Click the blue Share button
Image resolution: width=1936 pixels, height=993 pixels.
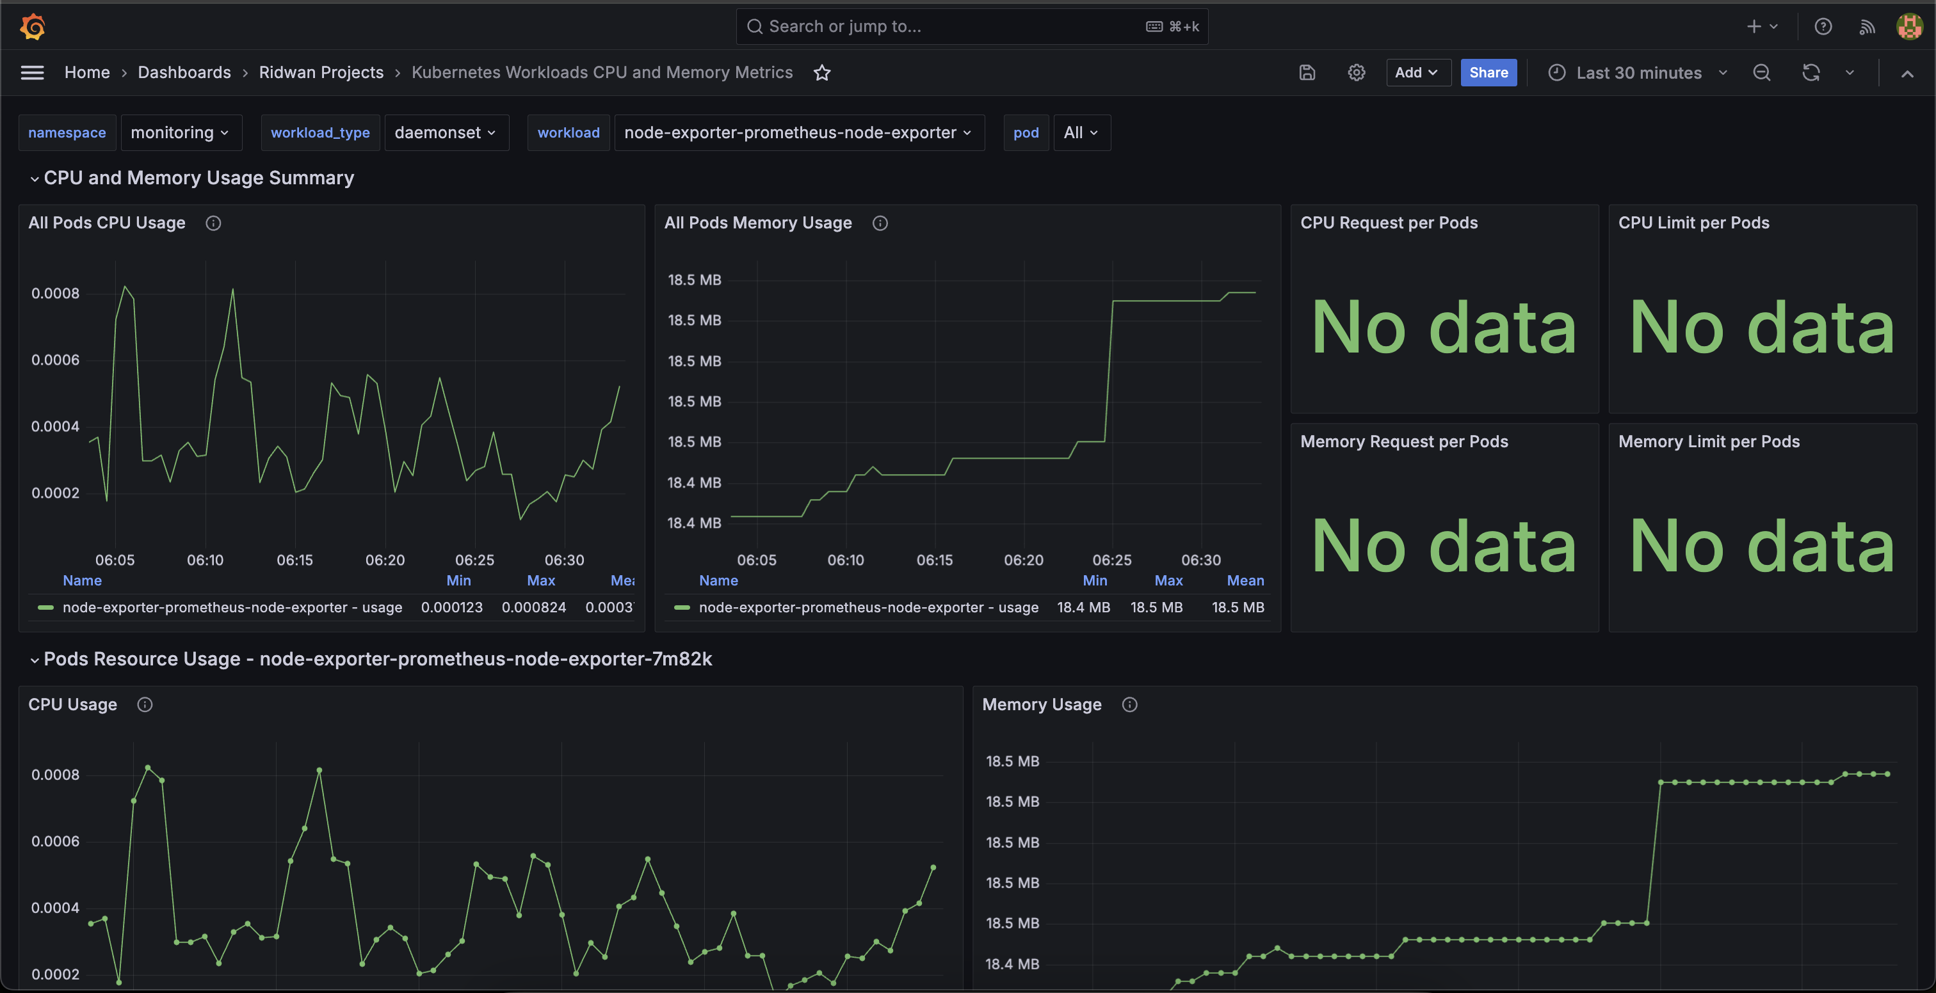point(1488,73)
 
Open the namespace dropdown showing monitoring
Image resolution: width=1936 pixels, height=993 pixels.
point(181,133)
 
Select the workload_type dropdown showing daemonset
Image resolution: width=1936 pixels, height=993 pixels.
point(446,133)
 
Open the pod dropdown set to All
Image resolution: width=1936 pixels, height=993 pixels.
point(1081,133)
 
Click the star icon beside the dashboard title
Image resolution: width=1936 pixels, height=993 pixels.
point(822,73)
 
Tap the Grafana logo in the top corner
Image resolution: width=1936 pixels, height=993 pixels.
point(32,26)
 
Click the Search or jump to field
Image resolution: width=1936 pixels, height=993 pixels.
point(972,26)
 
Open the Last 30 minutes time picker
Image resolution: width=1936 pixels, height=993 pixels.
point(1638,73)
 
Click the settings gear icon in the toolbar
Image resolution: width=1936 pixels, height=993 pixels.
point(1356,73)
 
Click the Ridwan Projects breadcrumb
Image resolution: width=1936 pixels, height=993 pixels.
point(321,72)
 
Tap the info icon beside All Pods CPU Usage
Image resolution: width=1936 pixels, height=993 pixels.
point(213,223)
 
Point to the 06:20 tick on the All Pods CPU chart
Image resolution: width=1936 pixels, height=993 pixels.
point(385,560)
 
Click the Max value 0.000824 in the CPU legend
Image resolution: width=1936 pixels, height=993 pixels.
point(533,607)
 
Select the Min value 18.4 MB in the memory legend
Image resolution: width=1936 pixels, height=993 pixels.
point(1083,607)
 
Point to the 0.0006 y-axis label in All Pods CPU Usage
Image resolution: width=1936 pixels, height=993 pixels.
point(55,360)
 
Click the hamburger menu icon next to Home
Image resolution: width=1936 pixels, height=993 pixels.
point(32,73)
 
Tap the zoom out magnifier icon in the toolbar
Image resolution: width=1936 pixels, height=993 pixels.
point(1762,73)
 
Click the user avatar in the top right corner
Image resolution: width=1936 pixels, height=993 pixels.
point(1910,26)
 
